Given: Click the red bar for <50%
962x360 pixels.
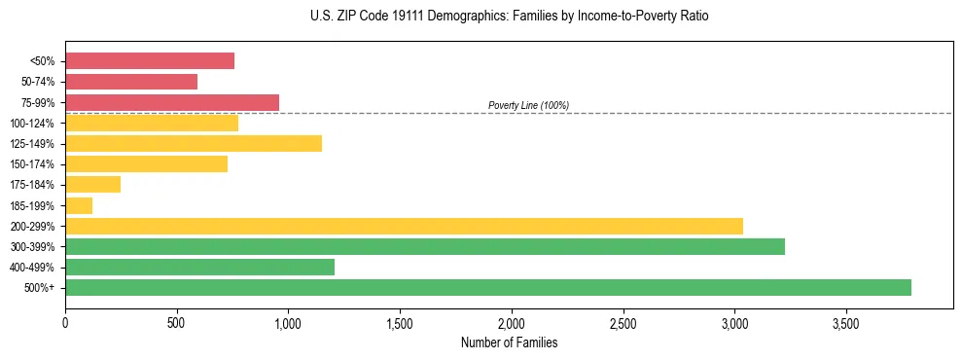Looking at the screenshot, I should point(150,60).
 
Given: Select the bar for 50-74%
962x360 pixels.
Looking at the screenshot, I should point(131,82).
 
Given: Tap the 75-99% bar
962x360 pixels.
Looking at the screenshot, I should point(172,102).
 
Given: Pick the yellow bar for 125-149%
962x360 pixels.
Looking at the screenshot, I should point(194,143).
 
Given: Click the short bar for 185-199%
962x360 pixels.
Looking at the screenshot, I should point(79,205).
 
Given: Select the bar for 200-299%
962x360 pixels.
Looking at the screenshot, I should point(404,226).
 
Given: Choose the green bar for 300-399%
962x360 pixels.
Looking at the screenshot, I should point(425,246).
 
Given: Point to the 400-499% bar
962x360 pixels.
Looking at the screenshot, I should point(199,267).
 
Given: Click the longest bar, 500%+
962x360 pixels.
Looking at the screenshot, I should point(488,287).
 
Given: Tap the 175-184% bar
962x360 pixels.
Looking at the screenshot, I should point(92,185).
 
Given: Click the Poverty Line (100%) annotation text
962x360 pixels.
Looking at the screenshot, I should point(528,105).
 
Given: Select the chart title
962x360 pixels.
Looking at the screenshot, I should point(510,17).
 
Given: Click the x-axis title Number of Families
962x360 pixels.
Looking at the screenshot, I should point(510,342).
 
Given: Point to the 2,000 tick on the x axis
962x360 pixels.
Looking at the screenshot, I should point(512,323).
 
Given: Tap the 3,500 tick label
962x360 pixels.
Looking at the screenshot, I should point(846,323).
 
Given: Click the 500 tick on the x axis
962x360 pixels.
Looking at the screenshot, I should point(176,323).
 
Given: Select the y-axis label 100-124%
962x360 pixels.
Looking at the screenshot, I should point(33,124).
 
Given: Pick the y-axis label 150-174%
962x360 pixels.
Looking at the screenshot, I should point(33,164).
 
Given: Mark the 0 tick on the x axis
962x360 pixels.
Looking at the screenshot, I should point(65,323).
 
